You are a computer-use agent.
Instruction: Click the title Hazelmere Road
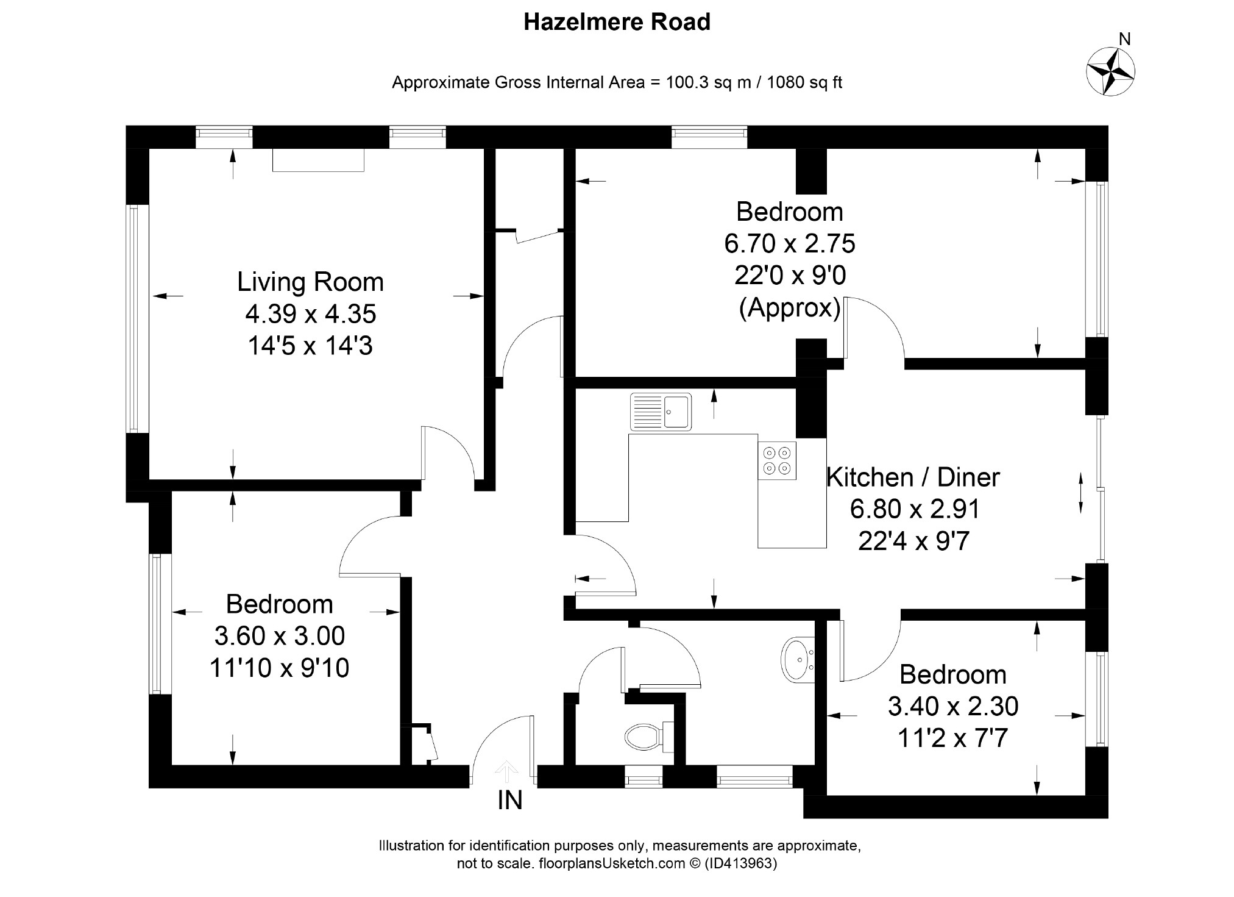tap(617, 23)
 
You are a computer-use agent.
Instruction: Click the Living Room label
tap(310, 282)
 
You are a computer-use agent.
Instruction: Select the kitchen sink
tap(661, 412)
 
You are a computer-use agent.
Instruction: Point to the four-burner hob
tap(777, 460)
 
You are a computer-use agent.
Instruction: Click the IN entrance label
tap(509, 801)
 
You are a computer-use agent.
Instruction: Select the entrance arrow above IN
tap(505, 771)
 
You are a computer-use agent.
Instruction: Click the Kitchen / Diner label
tap(912, 477)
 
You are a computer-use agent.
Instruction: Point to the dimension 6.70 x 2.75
tap(790, 243)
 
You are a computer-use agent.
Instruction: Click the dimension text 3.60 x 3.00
tap(279, 636)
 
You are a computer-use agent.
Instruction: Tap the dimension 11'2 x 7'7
tap(952, 738)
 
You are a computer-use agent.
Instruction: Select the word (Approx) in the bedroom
tap(790, 307)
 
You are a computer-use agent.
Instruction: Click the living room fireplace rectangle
tap(318, 160)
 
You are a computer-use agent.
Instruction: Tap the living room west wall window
tap(137, 319)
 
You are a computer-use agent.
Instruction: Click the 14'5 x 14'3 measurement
tap(310, 346)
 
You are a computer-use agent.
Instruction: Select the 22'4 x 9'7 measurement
tap(913, 541)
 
